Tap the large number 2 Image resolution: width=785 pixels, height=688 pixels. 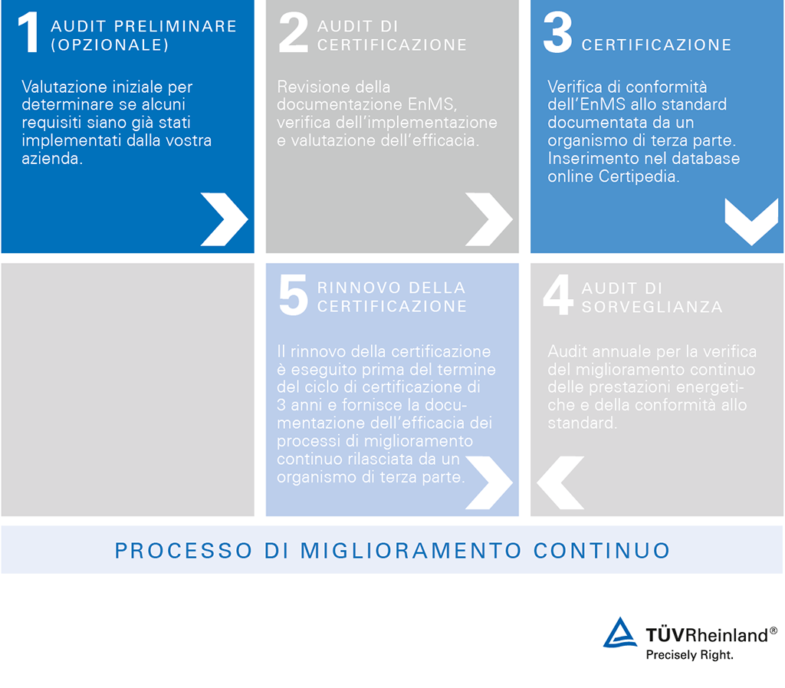point(293,35)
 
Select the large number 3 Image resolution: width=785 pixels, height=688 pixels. point(557,35)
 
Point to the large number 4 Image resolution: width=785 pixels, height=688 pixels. point(557,296)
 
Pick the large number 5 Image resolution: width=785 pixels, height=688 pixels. point(293,296)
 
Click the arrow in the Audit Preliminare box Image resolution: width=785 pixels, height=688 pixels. point(223,219)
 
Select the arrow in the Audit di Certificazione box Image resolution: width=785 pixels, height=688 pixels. point(488,219)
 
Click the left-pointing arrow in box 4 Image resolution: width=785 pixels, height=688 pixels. point(560,482)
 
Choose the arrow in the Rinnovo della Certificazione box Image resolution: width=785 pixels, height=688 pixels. point(488,482)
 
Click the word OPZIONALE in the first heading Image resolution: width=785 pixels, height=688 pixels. point(110,45)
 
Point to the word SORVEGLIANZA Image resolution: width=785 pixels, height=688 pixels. point(652,307)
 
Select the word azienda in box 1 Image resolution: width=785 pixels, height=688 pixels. point(52,158)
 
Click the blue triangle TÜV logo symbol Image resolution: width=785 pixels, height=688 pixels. point(619,633)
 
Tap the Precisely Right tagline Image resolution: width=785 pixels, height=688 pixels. point(689,655)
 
